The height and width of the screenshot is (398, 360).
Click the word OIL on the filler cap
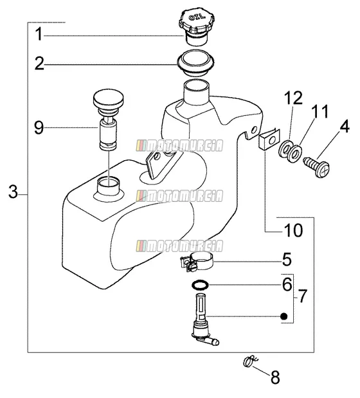(x=197, y=17)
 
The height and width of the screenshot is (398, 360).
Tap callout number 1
(x=39, y=34)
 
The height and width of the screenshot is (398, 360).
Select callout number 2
(x=39, y=63)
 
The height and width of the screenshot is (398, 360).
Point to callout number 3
(x=14, y=192)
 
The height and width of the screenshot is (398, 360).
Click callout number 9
(x=39, y=128)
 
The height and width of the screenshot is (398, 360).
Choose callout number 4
(x=345, y=126)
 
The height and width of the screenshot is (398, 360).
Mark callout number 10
(x=294, y=230)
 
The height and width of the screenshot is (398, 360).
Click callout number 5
(x=287, y=259)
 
